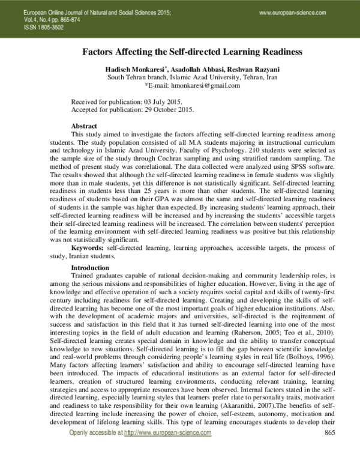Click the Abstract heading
(x=84, y=126)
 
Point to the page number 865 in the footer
(x=329, y=450)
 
